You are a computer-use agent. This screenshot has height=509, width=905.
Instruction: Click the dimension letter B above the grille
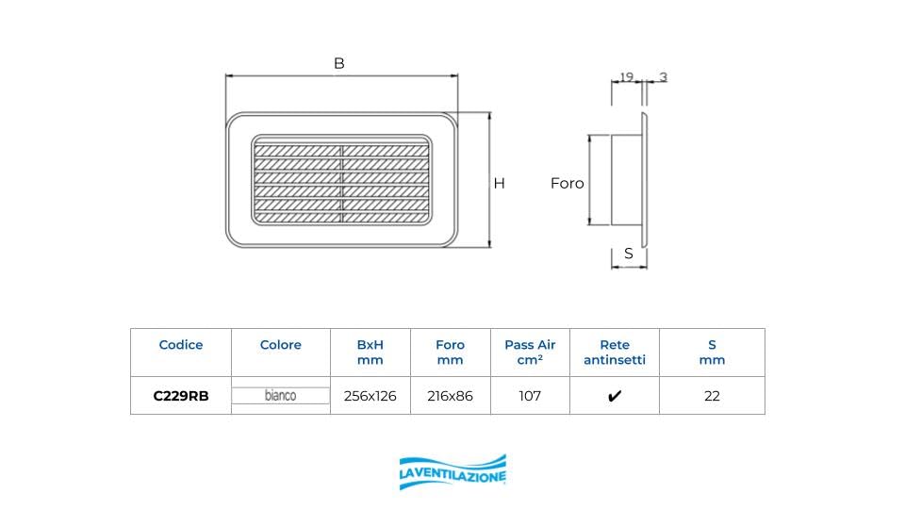click(339, 64)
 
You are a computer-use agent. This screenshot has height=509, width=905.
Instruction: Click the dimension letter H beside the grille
click(500, 184)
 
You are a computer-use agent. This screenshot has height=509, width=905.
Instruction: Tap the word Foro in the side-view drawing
click(568, 184)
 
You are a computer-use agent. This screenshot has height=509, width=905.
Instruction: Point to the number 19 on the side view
click(625, 77)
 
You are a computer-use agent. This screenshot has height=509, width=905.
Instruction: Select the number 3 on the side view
click(664, 77)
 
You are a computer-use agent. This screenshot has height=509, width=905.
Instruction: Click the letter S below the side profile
click(629, 254)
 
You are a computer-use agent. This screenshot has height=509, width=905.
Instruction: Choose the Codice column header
click(181, 345)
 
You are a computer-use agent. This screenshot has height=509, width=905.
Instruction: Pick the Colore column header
click(281, 345)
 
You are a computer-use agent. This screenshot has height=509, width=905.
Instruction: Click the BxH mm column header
click(370, 353)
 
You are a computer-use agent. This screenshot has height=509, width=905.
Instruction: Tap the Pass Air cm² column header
click(530, 353)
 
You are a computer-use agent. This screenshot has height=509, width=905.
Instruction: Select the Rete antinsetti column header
click(615, 353)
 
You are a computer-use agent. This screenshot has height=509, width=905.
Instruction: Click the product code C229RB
click(181, 396)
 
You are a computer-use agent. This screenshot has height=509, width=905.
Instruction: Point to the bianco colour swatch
click(281, 396)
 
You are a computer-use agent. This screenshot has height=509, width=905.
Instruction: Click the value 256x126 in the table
click(370, 396)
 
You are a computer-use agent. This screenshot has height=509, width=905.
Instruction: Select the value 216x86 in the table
click(450, 396)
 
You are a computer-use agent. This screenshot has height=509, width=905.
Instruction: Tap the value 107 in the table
click(530, 396)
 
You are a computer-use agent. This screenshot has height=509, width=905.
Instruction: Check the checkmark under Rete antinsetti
click(615, 397)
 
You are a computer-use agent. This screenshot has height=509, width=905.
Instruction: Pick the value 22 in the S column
click(712, 396)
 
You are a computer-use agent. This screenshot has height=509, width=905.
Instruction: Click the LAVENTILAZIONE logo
click(452, 471)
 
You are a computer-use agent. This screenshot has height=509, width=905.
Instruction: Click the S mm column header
click(712, 353)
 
